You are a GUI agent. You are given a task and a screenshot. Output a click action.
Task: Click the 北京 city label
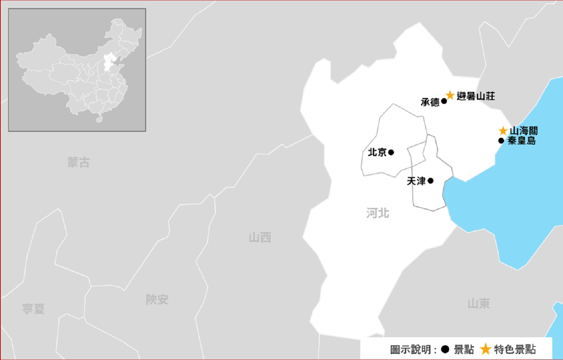click(x=377, y=152)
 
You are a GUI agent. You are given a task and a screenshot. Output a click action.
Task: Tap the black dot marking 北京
click(x=391, y=152)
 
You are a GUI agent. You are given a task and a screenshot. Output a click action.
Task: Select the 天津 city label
click(x=416, y=181)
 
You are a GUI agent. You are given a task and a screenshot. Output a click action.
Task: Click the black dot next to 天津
click(x=430, y=181)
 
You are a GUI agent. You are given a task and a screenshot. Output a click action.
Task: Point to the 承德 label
click(x=430, y=102)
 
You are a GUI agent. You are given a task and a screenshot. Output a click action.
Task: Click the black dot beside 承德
click(x=444, y=101)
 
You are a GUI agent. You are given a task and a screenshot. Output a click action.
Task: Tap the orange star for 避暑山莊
click(x=450, y=95)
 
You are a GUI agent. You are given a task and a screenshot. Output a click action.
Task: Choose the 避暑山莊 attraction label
click(x=476, y=96)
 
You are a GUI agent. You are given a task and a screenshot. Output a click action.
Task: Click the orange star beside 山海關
click(x=503, y=131)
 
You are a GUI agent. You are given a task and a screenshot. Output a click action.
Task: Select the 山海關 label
click(x=524, y=131)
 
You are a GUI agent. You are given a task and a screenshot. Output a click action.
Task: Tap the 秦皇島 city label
click(x=522, y=141)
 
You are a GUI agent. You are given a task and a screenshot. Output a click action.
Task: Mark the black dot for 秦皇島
click(x=501, y=141)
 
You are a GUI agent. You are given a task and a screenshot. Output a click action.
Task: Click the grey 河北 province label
click(x=378, y=213)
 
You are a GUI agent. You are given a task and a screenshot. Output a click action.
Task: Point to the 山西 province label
click(x=260, y=238)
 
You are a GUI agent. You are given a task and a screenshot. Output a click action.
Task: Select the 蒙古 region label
click(x=79, y=162)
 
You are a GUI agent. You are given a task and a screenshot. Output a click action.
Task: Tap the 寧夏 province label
click(x=33, y=309)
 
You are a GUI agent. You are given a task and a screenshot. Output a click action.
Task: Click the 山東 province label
click(x=479, y=304)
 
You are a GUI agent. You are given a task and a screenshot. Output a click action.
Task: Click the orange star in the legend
click(x=486, y=349)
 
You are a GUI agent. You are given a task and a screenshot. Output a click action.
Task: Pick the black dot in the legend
click(x=445, y=349)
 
